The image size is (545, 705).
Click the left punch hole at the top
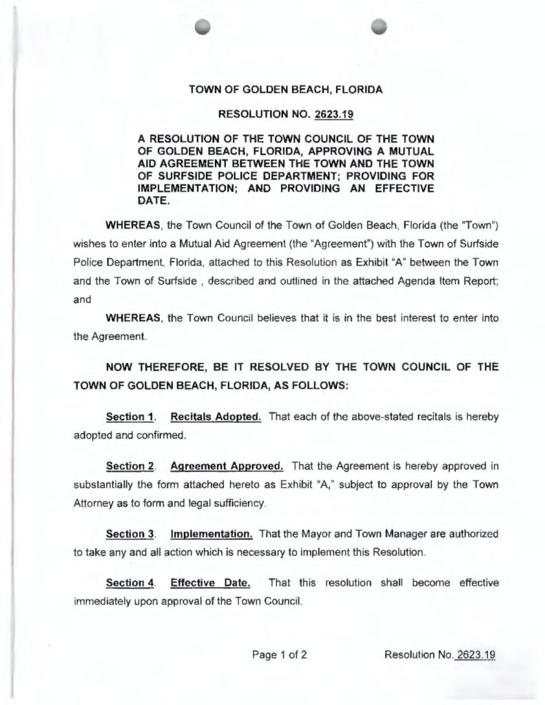coord(202,25)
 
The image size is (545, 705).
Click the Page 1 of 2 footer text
coord(278,655)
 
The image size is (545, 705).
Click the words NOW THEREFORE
coord(150,368)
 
